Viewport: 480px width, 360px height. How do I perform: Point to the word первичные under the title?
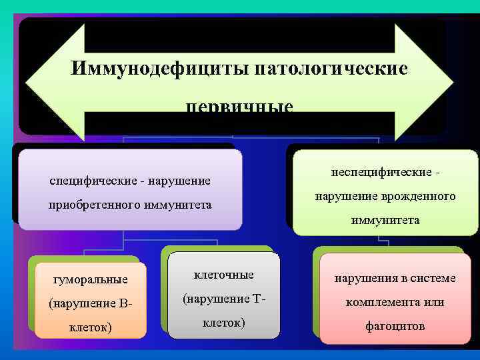(x=239, y=107)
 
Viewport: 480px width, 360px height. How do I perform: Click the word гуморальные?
(x=91, y=279)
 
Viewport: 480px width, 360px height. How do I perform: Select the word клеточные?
(x=224, y=275)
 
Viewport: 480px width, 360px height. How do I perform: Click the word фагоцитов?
(x=395, y=326)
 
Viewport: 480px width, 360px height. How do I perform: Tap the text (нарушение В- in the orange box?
(x=91, y=303)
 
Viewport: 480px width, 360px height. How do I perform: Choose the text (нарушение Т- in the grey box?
(x=224, y=299)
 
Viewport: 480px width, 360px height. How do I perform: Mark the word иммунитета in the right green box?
(x=386, y=220)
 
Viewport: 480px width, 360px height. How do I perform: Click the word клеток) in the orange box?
(x=91, y=327)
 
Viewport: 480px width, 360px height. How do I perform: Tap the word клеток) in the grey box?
(x=224, y=323)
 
